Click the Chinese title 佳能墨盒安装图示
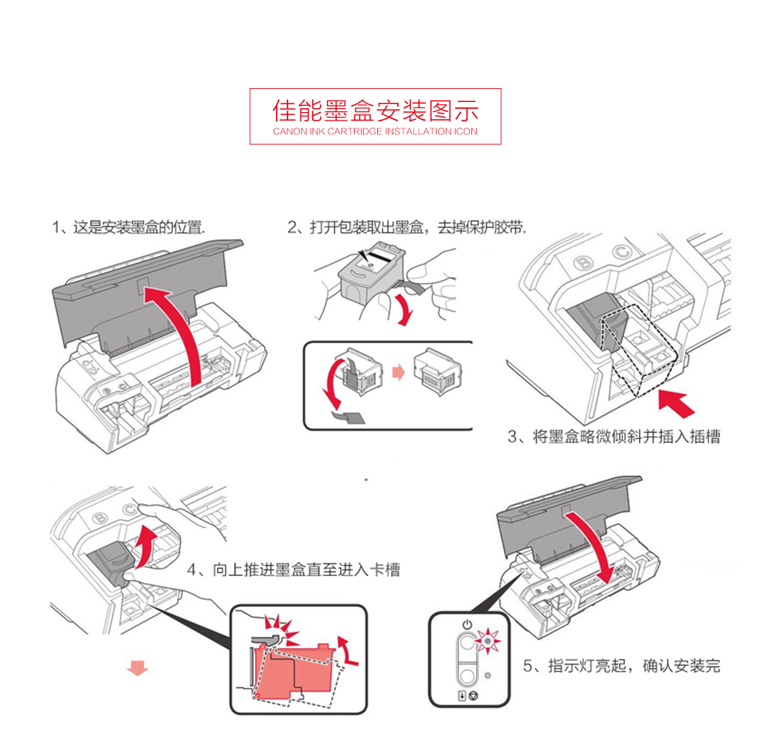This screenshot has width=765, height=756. (376, 111)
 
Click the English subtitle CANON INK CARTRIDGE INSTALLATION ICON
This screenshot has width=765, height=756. (376, 131)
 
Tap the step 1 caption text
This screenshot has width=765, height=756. (129, 227)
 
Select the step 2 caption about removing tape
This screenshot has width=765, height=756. (407, 227)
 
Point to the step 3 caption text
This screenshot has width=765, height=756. (614, 436)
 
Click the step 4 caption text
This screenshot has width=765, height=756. (294, 570)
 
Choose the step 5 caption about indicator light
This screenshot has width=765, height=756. (621, 666)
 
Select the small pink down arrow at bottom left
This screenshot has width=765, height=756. (138, 668)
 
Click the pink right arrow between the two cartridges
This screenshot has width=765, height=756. (399, 373)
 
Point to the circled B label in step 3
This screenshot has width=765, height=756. (584, 264)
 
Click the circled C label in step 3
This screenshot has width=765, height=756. (621, 252)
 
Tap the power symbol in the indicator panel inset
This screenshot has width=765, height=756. (467, 625)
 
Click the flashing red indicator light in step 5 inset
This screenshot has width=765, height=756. (488, 640)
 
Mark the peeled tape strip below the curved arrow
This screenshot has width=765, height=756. (348, 417)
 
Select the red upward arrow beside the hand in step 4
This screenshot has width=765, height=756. (145, 547)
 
